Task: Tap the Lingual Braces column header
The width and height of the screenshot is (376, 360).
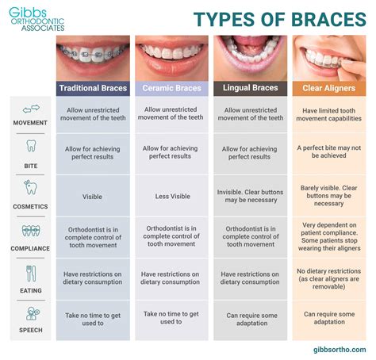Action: pyautogui.click(x=251, y=87)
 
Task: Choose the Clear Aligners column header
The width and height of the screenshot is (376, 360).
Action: pyautogui.click(x=329, y=87)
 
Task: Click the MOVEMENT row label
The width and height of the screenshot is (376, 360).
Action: pyautogui.click(x=31, y=123)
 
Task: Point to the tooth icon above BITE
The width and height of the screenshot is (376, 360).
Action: pyautogui.click(x=31, y=146)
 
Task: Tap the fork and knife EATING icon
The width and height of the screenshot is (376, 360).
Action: pyautogui.click(x=31, y=273)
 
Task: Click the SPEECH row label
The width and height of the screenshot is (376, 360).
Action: pyautogui.click(x=31, y=330)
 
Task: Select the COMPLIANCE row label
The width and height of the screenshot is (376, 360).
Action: pyautogui.click(x=31, y=248)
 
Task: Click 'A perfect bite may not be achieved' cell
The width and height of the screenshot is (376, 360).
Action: pyautogui.click(x=329, y=152)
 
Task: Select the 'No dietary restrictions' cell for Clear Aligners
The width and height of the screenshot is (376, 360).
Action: pyautogui.click(x=329, y=278)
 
